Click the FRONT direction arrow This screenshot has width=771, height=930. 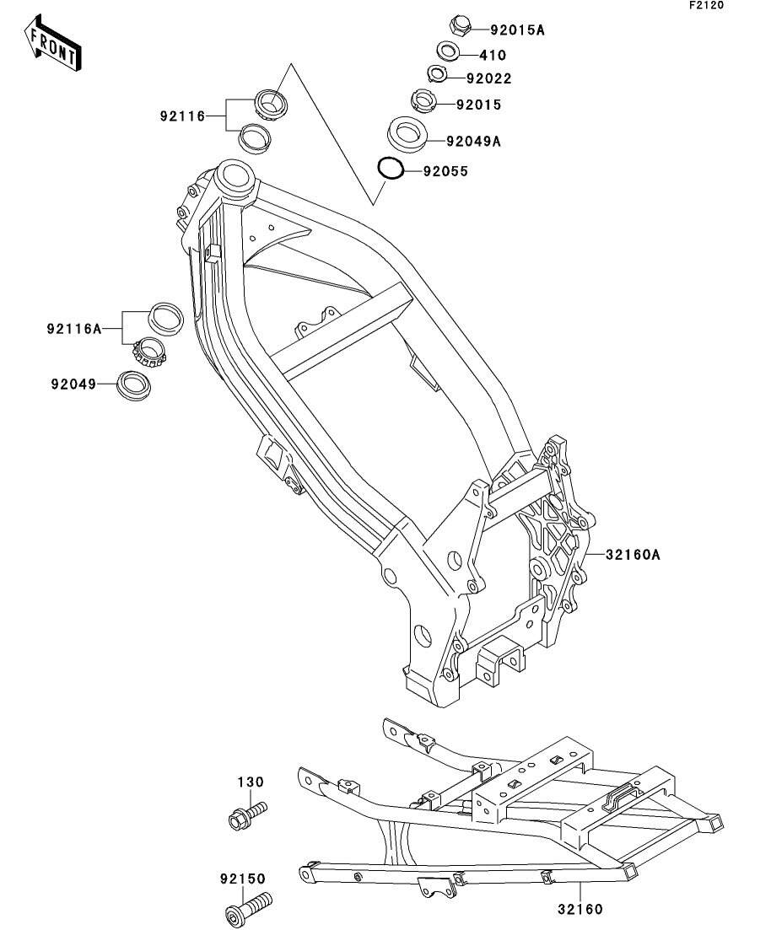(x=53, y=43)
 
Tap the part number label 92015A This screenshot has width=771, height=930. (x=517, y=30)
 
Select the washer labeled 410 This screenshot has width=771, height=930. (x=448, y=51)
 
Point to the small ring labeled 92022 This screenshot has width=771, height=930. (x=437, y=74)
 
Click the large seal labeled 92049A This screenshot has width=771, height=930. (x=408, y=134)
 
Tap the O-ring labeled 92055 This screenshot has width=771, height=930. (x=391, y=169)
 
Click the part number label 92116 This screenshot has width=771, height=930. (x=181, y=116)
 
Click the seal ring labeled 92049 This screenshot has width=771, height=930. (x=135, y=385)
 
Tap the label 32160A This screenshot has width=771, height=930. (x=633, y=555)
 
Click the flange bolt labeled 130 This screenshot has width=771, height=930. (x=247, y=814)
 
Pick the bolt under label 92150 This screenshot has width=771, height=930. (x=249, y=907)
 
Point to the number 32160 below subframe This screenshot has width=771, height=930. (x=580, y=909)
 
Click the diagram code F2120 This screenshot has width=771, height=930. (x=706, y=5)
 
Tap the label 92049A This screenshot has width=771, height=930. (x=473, y=141)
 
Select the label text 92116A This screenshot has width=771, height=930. (x=74, y=328)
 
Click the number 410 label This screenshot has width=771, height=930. (x=493, y=55)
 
